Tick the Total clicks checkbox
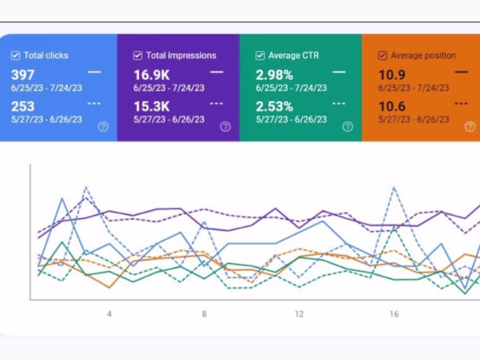(15, 56)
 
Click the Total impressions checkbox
(137, 56)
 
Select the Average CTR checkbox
(260, 56)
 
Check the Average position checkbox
(382, 56)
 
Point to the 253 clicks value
(23, 106)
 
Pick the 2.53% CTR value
(274, 106)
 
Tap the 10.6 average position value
(392, 106)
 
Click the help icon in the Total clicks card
(103, 126)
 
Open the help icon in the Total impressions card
(225, 126)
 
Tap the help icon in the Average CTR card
(348, 126)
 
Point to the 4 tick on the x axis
(109, 314)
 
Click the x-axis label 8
(204, 314)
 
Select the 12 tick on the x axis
(299, 314)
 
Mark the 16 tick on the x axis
(394, 314)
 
